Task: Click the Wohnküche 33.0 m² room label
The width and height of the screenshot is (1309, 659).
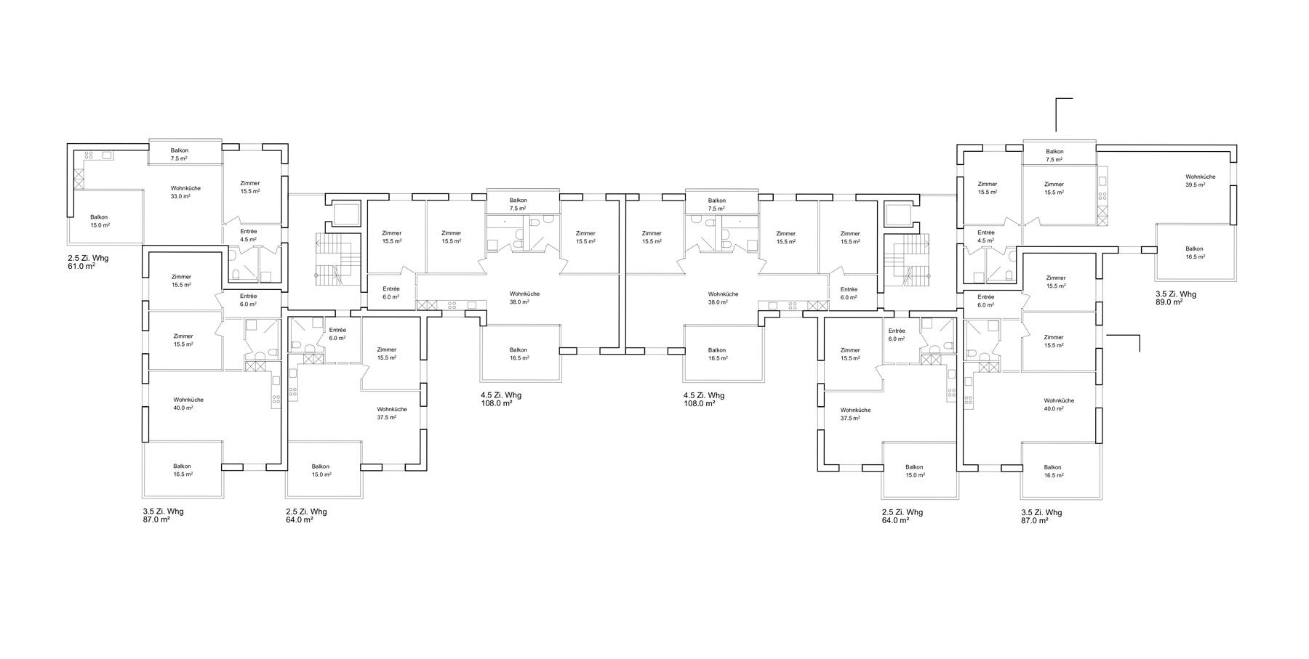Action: [185, 192]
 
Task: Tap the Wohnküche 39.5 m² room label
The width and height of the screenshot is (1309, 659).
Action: [1200, 180]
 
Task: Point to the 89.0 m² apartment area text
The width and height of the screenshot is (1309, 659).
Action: [1169, 302]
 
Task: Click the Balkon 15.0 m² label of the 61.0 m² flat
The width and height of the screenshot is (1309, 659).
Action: [100, 221]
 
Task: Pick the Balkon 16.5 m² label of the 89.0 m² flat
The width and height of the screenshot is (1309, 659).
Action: [1195, 252]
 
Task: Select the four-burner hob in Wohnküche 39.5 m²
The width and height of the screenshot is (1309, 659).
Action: [1102, 195]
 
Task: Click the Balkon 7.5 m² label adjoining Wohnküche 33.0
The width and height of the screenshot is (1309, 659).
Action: [179, 154]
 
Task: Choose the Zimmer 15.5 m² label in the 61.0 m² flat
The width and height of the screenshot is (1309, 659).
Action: [249, 187]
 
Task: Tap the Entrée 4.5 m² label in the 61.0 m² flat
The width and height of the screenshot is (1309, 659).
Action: [248, 235]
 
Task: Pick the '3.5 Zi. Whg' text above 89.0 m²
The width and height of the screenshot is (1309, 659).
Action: [1176, 294]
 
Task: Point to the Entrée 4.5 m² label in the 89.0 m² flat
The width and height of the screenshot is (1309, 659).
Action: [986, 236]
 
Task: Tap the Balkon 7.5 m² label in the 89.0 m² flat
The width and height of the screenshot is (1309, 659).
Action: [1054, 155]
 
